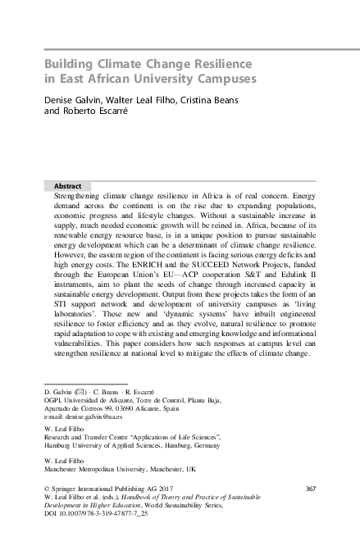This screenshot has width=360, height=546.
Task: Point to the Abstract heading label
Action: (x=67, y=186)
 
